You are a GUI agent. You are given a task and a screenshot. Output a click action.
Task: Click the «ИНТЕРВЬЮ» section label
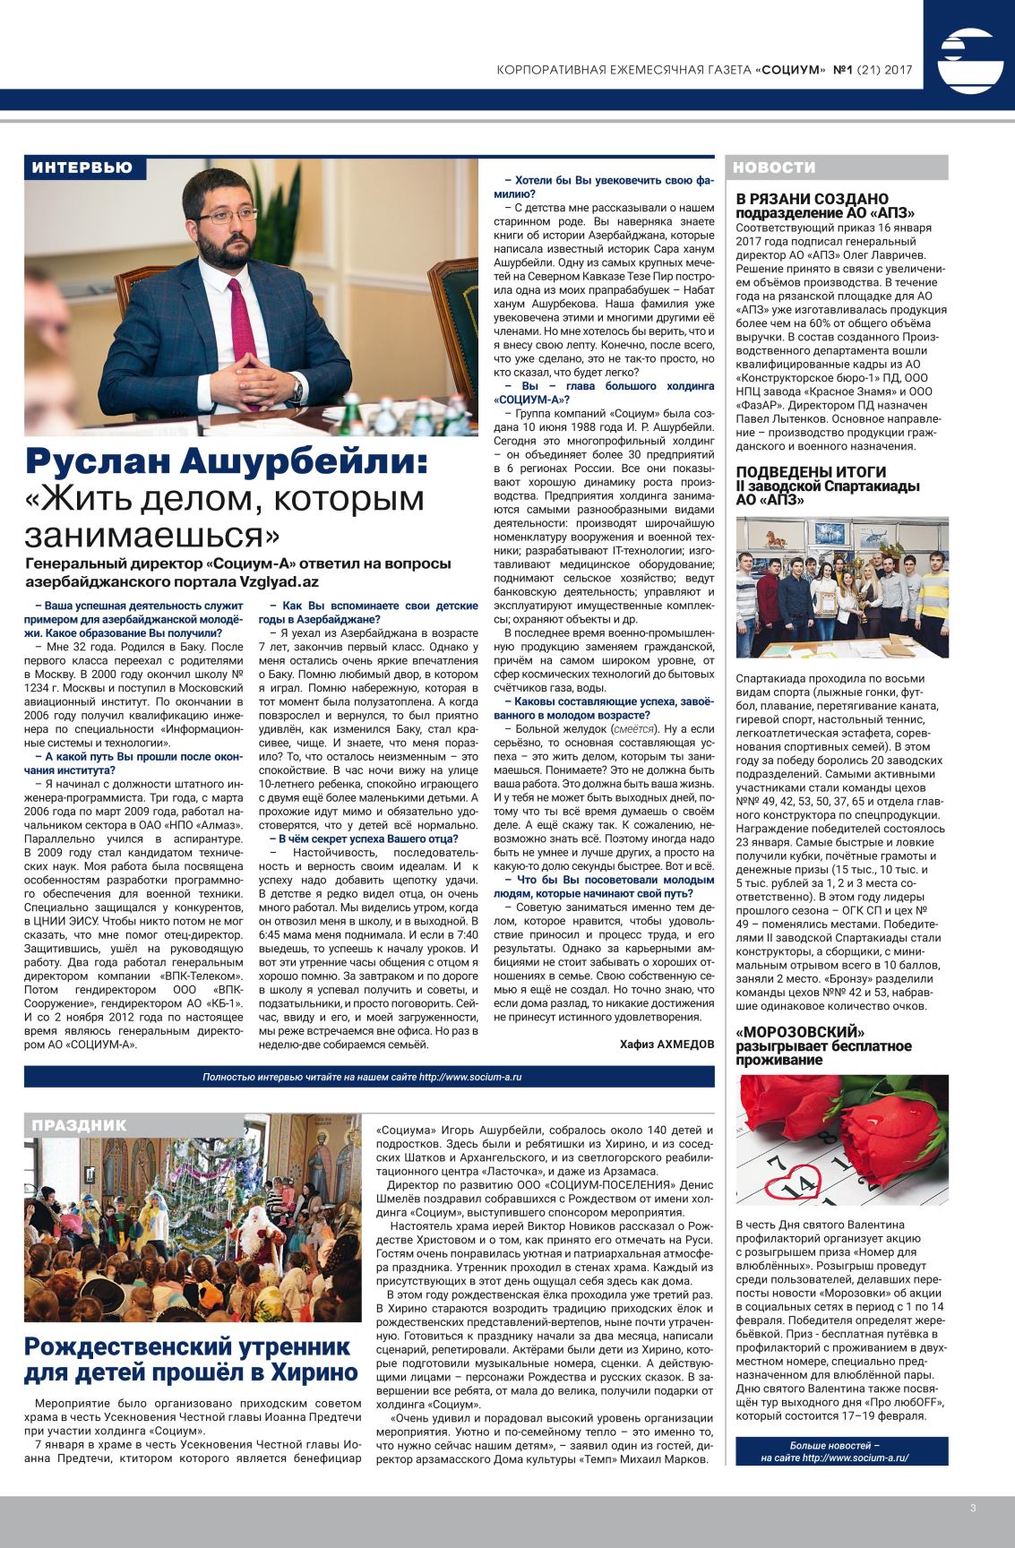coord(82,168)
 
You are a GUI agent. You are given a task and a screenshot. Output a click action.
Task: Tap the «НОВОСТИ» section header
coord(775,168)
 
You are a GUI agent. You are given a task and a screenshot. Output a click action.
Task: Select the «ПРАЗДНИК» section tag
coord(81,1125)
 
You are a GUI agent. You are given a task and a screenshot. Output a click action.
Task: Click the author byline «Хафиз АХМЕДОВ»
coord(667,1044)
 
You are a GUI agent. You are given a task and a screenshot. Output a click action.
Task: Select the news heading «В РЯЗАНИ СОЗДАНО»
coord(812,198)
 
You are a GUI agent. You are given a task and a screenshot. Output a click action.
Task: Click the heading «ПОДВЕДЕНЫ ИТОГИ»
coord(811,472)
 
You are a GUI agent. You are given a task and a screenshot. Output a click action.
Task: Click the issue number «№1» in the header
coord(843,68)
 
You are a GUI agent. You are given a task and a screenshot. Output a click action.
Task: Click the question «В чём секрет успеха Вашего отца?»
coord(357,838)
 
